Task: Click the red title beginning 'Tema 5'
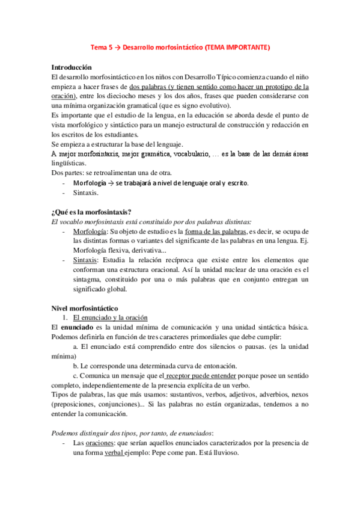pos(180,48)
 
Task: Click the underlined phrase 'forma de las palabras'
pos(192,232)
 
